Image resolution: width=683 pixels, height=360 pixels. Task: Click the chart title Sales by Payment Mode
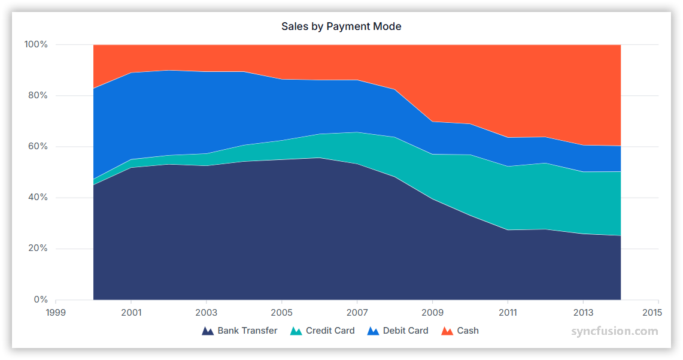(341, 26)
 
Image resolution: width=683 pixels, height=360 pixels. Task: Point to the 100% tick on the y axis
(36, 44)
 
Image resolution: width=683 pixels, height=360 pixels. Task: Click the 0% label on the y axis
(40, 300)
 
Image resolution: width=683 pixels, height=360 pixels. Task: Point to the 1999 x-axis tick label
(56, 312)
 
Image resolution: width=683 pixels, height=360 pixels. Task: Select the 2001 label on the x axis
(131, 312)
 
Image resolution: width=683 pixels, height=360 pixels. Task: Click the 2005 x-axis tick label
(281, 312)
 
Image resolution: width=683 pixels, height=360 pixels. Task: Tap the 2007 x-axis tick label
(357, 312)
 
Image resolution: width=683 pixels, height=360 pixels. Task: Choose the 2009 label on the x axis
(432, 312)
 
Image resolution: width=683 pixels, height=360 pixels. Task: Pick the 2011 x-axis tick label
(508, 312)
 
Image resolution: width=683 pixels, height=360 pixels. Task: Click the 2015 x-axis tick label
(652, 312)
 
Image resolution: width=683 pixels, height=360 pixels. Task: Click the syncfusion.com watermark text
(614, 331)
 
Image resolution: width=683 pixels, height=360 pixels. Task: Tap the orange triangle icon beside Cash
(447, 331)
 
